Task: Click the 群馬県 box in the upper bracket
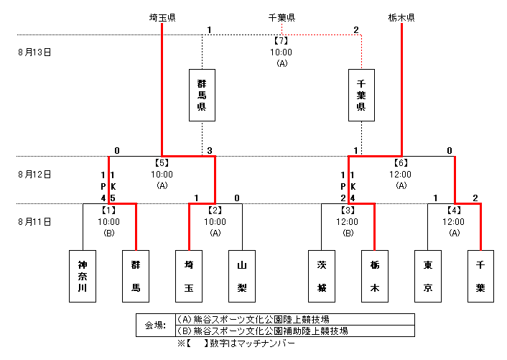pos(202,95)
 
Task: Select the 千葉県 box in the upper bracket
pos(361,95)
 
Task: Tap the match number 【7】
pos(282,40)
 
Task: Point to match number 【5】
pos(162,162)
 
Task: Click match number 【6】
pos(401,162)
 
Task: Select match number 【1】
pos(109,210)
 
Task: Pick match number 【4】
pos(455,210)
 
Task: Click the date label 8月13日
pos(34,52)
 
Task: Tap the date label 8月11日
pos(34,221)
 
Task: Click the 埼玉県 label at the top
pos(162,17)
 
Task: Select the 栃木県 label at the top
pos(401,17)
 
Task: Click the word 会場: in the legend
pos(155,326)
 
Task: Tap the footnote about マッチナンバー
pos(236,343)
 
